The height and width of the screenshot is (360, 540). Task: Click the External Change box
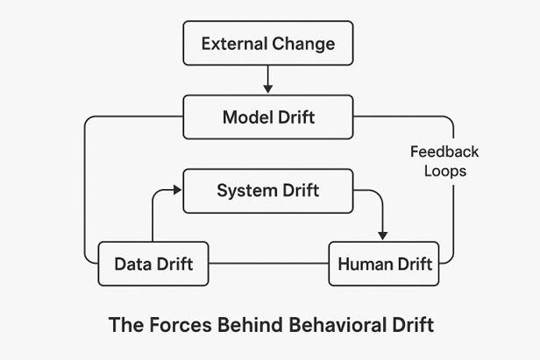tap(268, 43)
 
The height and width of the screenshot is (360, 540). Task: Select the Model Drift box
tap(268, 117)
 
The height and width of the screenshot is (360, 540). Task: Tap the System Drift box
tap(268, 190)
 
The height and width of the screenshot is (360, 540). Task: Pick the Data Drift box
tap(153, 264)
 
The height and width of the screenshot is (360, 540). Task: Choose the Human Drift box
tap(384, 264)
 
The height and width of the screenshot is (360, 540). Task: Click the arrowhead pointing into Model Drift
tap(268, 88)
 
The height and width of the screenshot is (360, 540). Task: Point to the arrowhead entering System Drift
tap(177, 190)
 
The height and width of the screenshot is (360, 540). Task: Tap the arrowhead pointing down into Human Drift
tap(382, 235)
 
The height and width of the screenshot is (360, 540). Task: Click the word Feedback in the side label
tap(444, 152)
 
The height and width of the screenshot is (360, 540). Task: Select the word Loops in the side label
tap(444, 171)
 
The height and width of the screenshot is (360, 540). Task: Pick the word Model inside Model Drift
tap(247, 117)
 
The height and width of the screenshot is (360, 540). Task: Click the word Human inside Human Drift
tap(366, 264)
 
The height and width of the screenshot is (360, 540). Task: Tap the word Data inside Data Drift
tap(132, 264)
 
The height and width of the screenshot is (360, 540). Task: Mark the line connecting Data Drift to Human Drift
tap(268, 264)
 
